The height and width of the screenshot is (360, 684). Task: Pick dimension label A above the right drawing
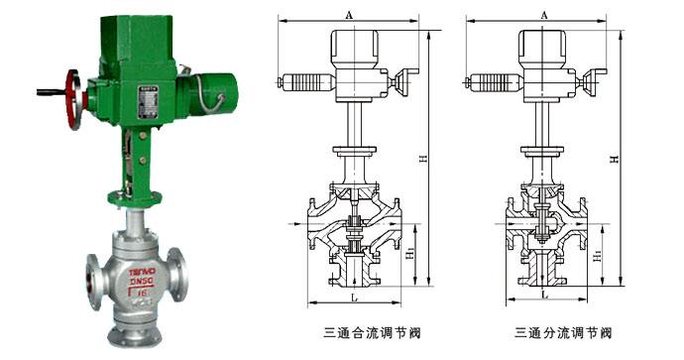(x=544, y=13)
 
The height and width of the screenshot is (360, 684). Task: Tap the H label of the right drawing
(x=615, y=159)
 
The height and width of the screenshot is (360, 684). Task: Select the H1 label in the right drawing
(x=597, y=256)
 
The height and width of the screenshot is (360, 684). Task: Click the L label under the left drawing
(x=352, y=296)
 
